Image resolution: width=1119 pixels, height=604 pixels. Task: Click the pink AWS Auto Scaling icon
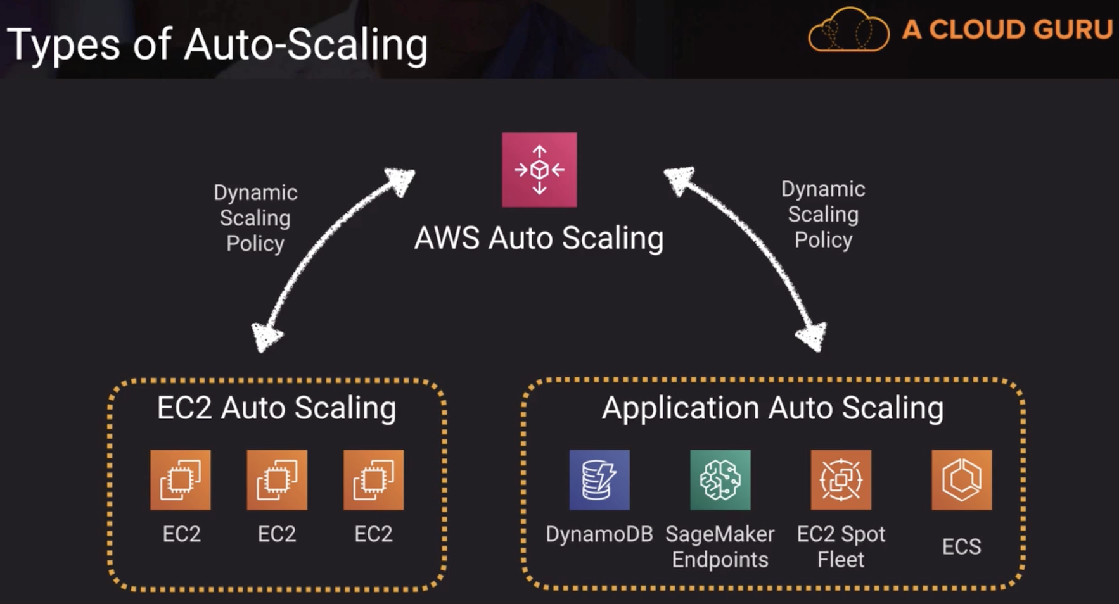point(539,170)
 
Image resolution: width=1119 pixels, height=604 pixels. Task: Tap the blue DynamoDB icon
point(599,480)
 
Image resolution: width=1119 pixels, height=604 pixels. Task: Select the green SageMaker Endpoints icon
point(720,480)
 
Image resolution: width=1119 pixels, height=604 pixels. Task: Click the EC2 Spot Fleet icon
point(841,480)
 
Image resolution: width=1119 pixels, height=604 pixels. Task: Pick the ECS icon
point(961,480)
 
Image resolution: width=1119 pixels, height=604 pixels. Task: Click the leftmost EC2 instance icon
point(181,480)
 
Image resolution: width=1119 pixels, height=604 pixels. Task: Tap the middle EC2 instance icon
point(277,480)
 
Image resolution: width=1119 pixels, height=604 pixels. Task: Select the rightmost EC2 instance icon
point(373,480)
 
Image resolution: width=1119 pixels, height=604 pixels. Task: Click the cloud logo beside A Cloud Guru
point(848,30)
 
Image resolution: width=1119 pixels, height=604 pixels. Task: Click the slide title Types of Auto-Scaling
point(217,45)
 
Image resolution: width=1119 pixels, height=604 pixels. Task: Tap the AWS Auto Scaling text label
point(539,239)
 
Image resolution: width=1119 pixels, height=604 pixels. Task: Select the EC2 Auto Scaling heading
point(276,408)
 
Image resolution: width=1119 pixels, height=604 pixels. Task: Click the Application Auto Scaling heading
point(772,408)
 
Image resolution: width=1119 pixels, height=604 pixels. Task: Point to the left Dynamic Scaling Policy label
point(255,218)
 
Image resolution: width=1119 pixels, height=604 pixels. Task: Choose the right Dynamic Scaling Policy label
point(823,215)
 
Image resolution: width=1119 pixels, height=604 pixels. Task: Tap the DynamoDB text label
point(599,534)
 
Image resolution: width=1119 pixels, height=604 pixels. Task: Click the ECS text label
point(961,546)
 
